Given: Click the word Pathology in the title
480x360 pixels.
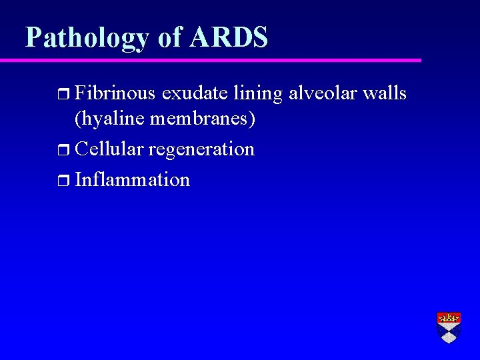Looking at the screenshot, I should point(87,38).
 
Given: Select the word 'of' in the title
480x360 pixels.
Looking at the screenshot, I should point(169,37).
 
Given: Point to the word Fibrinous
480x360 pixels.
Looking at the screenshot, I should point(116,94).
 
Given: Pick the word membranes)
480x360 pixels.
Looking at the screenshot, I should point(203,120).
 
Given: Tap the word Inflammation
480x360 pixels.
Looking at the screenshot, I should point(133,179).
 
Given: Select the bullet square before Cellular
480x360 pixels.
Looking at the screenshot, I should point(64,150).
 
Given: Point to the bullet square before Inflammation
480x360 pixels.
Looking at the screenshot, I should point(64,181).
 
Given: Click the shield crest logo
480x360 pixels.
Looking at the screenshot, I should point(449,327).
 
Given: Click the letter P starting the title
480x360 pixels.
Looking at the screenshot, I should point(33,37).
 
